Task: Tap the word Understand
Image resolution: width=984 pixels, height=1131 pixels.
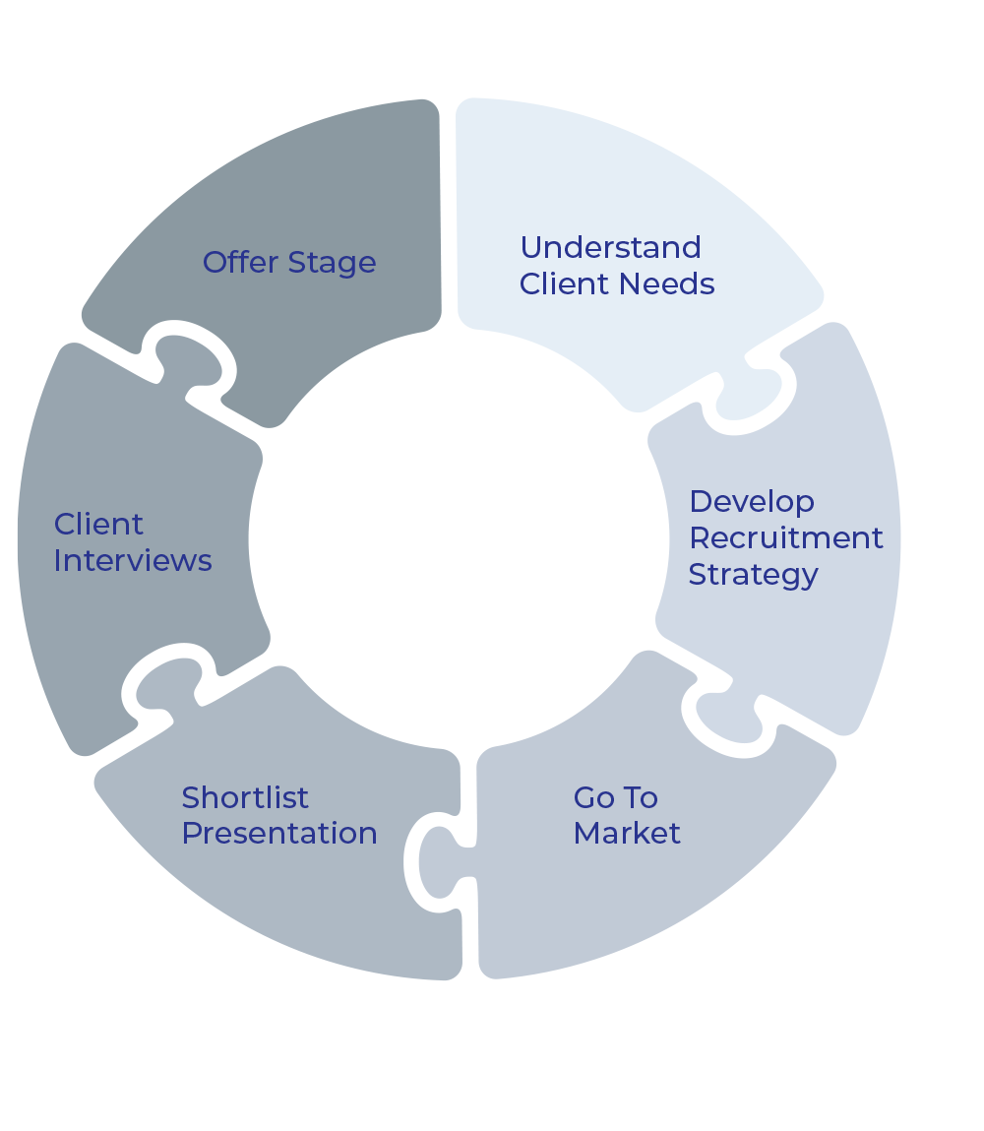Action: [610, 247]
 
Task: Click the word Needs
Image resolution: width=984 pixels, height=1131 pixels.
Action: [674, 284]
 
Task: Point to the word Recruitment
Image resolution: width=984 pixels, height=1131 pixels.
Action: [785, 537]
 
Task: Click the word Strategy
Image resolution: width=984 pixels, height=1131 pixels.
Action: [753, 575]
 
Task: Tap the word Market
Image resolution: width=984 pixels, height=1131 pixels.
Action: [627, 834]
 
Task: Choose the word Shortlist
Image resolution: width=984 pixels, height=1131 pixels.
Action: [245, 796]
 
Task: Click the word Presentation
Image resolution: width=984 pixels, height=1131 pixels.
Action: [279, 834]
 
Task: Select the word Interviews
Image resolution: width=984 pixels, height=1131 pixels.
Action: [133, 561]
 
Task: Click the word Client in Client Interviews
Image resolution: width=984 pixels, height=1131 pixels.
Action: [98, 524]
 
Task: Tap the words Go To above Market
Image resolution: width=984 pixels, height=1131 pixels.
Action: [616, 796]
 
